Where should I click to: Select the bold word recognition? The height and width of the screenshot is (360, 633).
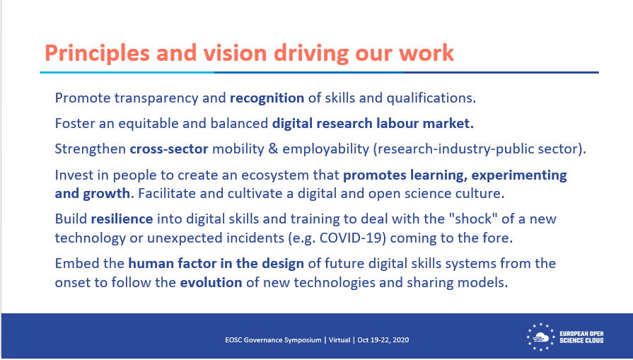pos(267,98)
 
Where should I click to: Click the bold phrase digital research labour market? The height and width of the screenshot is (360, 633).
pos(373,124)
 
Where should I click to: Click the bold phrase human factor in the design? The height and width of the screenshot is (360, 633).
pos(216,264)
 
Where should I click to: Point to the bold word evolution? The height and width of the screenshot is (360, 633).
pos(209,281)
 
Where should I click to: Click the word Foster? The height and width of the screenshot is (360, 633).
pos(74,124)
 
